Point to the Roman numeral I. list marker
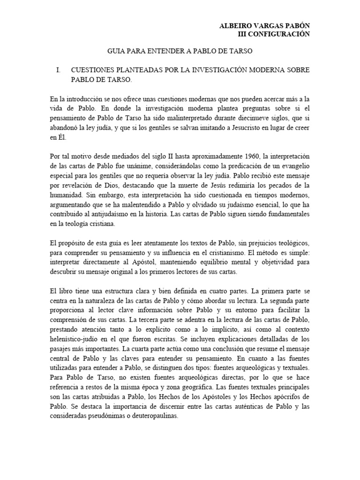pos(58,70)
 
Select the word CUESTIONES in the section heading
pos(93,70)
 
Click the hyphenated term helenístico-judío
pos(76,337)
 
